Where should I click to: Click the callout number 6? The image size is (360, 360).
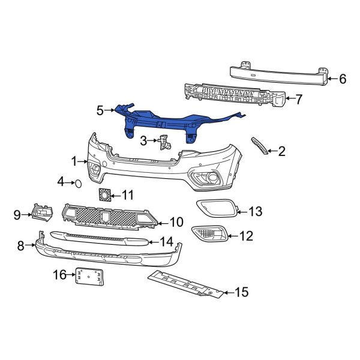tap(343, 78)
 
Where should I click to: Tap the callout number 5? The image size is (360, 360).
tap(100, 110)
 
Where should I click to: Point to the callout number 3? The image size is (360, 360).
tap(143, 141)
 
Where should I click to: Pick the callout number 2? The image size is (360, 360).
tap(281, 151)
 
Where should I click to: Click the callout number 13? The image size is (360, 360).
tap(256, 211)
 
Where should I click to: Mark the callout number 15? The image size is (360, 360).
tap(241, 293)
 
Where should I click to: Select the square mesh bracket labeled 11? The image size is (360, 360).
tap(105, 195)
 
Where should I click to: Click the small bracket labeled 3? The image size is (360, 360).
tap(163, 144)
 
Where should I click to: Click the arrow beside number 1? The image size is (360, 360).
tap(85, 161)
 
